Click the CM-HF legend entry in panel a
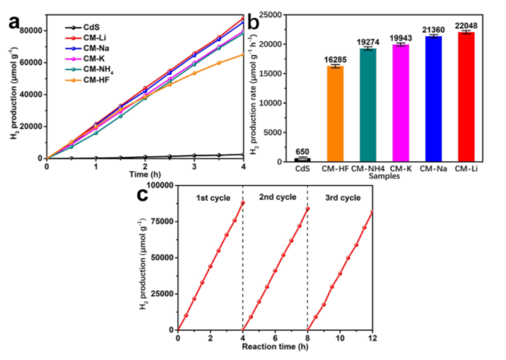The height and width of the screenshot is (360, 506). [x=95, y=79]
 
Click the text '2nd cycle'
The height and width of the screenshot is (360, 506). [x=277, y=197]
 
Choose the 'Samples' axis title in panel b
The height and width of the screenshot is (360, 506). [x=384, y=176]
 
